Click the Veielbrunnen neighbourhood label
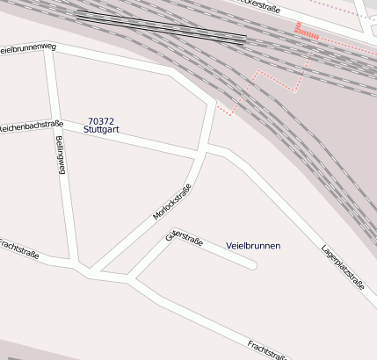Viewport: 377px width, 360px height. (253, 246)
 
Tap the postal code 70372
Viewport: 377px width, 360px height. (101, 121)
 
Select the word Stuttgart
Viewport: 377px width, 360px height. (101, 130)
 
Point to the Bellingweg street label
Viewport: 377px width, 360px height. (61, 155)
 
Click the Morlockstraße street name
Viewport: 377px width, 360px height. (172, 204)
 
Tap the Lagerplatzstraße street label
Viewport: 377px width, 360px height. (343, 266)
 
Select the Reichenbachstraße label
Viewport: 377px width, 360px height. (32, 127)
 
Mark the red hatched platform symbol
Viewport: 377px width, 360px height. (306, 31)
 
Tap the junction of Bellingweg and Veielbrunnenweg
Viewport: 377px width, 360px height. (50, 49)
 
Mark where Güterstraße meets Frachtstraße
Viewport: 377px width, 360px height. (129, 280)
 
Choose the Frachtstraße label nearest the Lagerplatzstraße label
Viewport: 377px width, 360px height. (269, 351)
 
